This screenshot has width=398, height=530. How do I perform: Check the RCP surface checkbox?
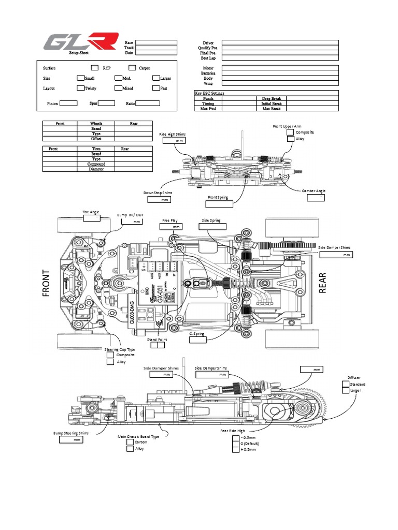tap(94, 68)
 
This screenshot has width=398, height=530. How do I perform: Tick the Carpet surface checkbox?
tap(132, 68)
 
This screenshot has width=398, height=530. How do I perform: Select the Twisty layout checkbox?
tap(80, 88)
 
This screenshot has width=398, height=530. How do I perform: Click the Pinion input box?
tap(68, 104)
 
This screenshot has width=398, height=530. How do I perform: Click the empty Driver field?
tap(280, 43)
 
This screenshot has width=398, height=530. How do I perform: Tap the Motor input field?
tap(280, 68)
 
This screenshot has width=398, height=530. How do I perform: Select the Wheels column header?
tap(96, 124)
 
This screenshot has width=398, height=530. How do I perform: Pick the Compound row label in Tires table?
tap(96, 164)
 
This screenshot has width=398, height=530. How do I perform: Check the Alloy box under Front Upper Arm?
tap(290, 139)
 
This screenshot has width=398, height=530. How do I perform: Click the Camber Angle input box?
tap(316, 198)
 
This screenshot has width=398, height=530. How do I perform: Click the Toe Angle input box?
tap(92, 218)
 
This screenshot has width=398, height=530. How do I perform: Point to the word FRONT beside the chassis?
tap(47, 283)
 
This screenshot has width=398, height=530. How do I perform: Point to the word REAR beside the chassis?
tap(323, 283)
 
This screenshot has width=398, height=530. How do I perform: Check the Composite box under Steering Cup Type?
tap(110, 355)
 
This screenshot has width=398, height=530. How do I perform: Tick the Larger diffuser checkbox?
tap(346, 390)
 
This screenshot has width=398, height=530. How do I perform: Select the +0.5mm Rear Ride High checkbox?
tap(236, 449)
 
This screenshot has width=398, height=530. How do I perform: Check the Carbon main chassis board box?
tap(130, 442)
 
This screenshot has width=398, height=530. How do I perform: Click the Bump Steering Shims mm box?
tap(71, 440)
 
